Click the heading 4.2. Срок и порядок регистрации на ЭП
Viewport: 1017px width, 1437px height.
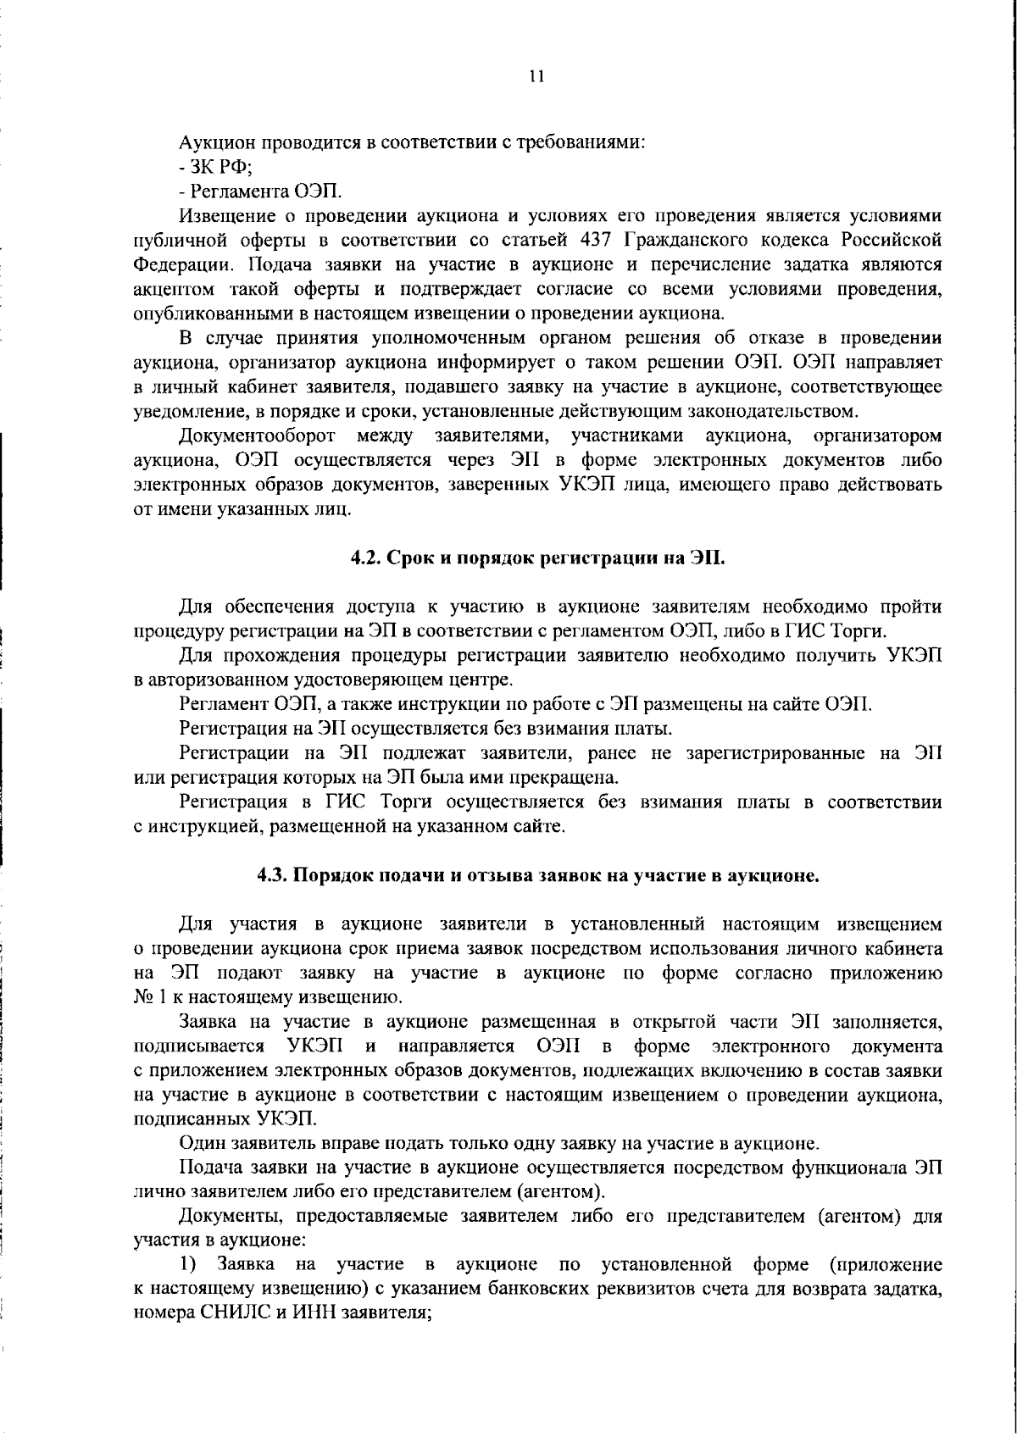tap(539, 558)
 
